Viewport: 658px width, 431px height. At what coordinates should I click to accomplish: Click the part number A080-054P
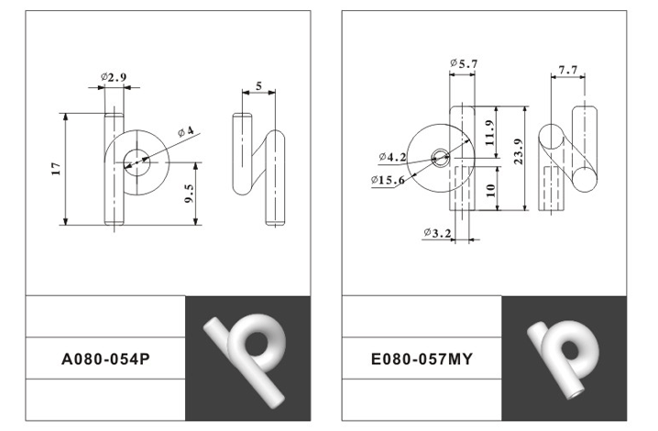point(105,359)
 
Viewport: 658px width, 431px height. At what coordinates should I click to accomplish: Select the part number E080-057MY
point(422,359)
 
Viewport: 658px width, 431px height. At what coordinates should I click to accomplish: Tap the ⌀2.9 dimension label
point(114,77)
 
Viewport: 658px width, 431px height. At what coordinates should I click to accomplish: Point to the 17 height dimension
point(57,169)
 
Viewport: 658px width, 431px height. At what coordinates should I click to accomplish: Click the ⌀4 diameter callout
point(185,132)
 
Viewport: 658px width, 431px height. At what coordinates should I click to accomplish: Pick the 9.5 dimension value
point(190,193)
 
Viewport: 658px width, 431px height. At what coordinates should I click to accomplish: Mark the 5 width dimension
point(258,86)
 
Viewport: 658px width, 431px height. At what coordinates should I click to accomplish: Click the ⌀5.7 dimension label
point(464,64)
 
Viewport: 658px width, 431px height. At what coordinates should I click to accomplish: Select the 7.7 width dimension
point(568,70)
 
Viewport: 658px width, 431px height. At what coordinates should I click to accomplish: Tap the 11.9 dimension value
point(489,133)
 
